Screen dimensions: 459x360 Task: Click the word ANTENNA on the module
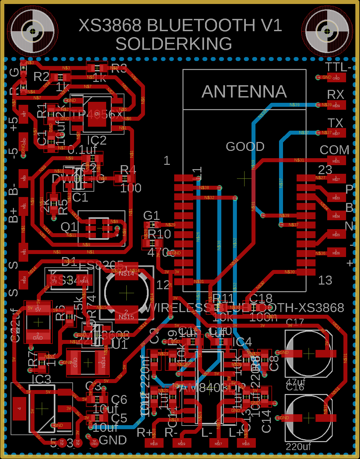pos(244,92)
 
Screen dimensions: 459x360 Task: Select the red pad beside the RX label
pos(336,105)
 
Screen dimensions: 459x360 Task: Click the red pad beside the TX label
pos(336,133)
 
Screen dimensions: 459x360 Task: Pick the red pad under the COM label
pos(336,161)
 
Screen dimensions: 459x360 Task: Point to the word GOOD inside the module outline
pos(245,146)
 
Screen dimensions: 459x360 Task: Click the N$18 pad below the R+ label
pos(154,443)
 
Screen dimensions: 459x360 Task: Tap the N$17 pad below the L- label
pos(218,443)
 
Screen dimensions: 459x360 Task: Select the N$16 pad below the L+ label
pos(246,443)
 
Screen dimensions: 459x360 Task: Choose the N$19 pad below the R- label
pos(181,443)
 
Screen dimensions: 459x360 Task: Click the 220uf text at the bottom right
pos(299,447)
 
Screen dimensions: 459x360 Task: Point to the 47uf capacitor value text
pos(295,382)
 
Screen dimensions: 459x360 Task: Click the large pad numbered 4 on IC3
pos(19,408)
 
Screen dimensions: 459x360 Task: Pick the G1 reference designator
pos(151,216)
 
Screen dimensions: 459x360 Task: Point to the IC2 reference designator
pos(97,140)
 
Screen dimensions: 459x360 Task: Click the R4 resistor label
pos(128,169)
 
